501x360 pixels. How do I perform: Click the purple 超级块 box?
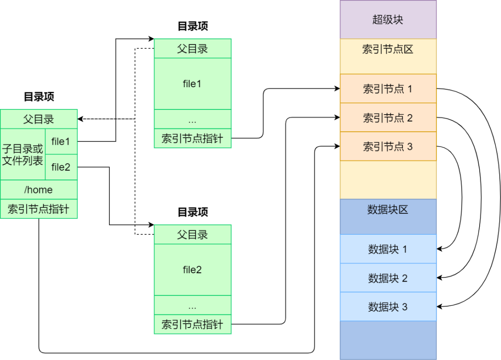(x=388, y=19)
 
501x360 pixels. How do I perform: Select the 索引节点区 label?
(x=388, y=50)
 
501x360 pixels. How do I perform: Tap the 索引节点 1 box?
(x=388, y=89)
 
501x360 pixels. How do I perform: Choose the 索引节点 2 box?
(x=388, y=118)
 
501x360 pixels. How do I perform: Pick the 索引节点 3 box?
(x=388, y=147)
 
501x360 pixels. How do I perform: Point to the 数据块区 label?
(x=388, y=210)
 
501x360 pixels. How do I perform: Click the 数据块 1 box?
(x=388, y=249)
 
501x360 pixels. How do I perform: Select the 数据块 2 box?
(x=388, y=278)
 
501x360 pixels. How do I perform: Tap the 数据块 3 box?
(x=388, y=307)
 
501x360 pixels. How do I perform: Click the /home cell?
(x=39, y=190)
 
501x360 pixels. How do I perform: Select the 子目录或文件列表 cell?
(x=23, y=154)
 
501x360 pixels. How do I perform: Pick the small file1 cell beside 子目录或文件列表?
(x=61, y=141)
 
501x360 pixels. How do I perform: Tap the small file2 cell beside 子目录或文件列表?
(x=61, y=167)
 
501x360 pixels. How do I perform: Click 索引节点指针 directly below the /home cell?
(x=39, y=209)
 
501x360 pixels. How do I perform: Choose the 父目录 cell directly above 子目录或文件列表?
(x=39, y=119)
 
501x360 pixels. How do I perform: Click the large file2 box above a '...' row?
(x=192, y=270)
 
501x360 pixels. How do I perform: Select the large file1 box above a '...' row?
(x=192, y=84)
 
